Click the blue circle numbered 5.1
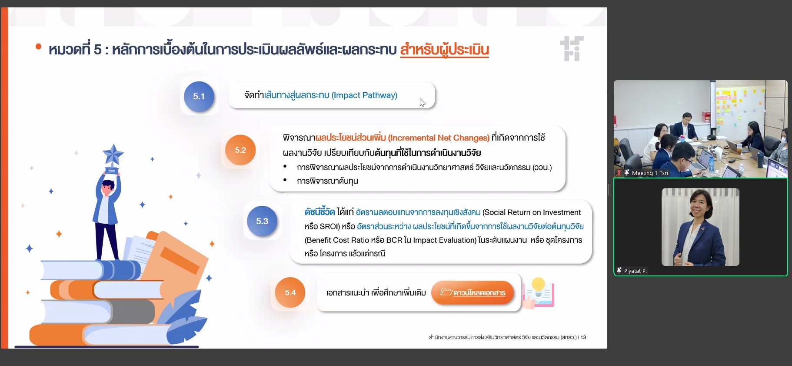pyautogui.click(x=199, y=96)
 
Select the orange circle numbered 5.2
pyautogui.click(x=240, y=150)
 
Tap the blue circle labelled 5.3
pyautogui.click(x=262, y=221)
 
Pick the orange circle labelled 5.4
pyautogui.click(x=290, y=292)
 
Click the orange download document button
pyautogui.click(x=473, y=292)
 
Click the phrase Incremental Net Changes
pyautogui.click(x=439, y=138)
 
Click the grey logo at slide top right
pyautogui.click(x=572, y=49)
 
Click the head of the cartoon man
pyautogui.click(x=107, y=187)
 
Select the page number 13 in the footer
pyautogui.click(x=583, y=337)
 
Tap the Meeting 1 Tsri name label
pyautogui.click(x=650, y=173)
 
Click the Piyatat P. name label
pyautogui.click(x=635, y=271)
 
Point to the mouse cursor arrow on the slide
pyautogui.click(x=422, y=102)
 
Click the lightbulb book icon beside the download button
pyautogui.click(x=539, y=293)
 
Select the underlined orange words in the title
pyautogui.click(x=445, y=50)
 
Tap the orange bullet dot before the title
pyautogui.click(x=39, y=46)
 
